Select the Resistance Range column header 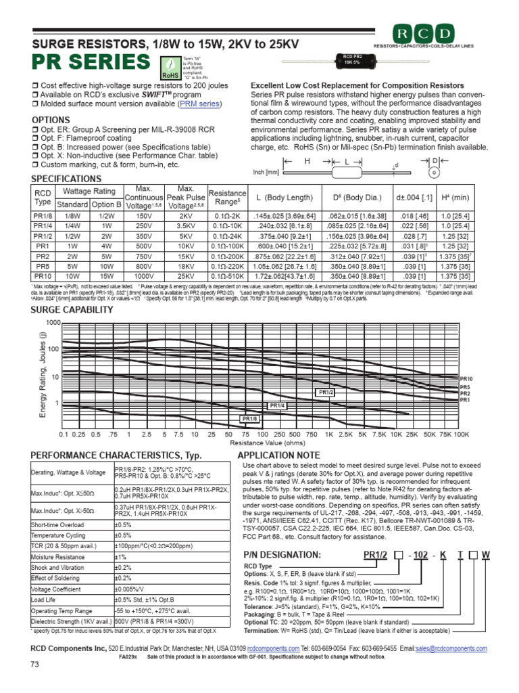tap(227, 198)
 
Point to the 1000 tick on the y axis tap(53, 322)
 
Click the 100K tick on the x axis tap(461, 434)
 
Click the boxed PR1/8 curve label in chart tap(250, 419)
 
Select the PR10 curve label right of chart tap(466, 378)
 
